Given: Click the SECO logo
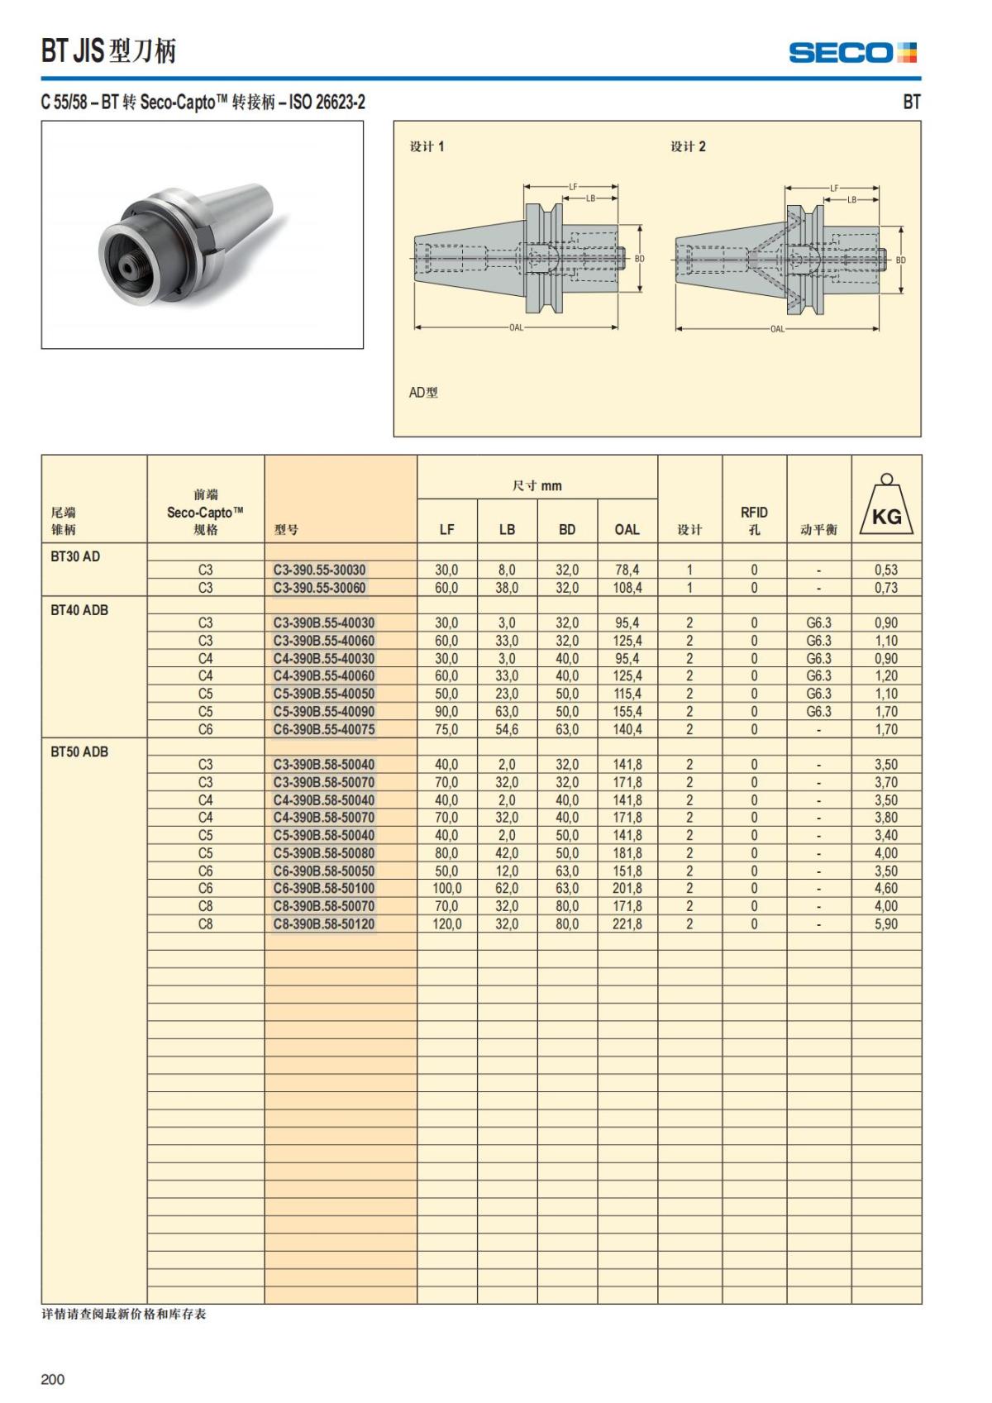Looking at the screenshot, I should pos(852,53).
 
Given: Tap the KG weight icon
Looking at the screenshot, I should pos(886,506).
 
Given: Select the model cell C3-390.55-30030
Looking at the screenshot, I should pos(319,570).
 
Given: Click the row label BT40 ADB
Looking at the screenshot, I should pos(79,610).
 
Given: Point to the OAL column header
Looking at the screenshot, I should pos(627,529).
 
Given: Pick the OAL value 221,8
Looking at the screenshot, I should pos(627,924).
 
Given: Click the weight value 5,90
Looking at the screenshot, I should pos(885,924).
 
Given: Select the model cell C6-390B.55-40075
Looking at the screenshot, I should pos(323,729).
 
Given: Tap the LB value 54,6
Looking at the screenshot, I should pos(507,729).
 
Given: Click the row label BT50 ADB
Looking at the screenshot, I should pos(79,752).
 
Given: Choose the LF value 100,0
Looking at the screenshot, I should pos(446,889).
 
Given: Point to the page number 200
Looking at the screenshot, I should pos(52,1379).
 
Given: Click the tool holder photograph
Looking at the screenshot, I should pos(202,235).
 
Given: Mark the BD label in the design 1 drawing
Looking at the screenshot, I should pos(639,259).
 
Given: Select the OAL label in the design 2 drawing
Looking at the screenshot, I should pos(777,329).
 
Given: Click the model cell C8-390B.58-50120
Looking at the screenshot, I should pos(323,924).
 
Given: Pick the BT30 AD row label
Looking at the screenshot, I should pos(75,556).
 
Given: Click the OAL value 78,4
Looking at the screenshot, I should pos(627,570).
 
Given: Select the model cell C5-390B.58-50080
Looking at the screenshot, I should pos(323,853).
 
